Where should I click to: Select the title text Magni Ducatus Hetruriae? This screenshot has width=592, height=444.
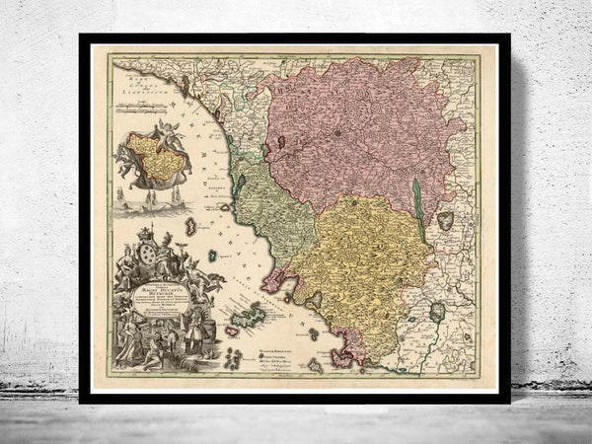click(x=155, y=288)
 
